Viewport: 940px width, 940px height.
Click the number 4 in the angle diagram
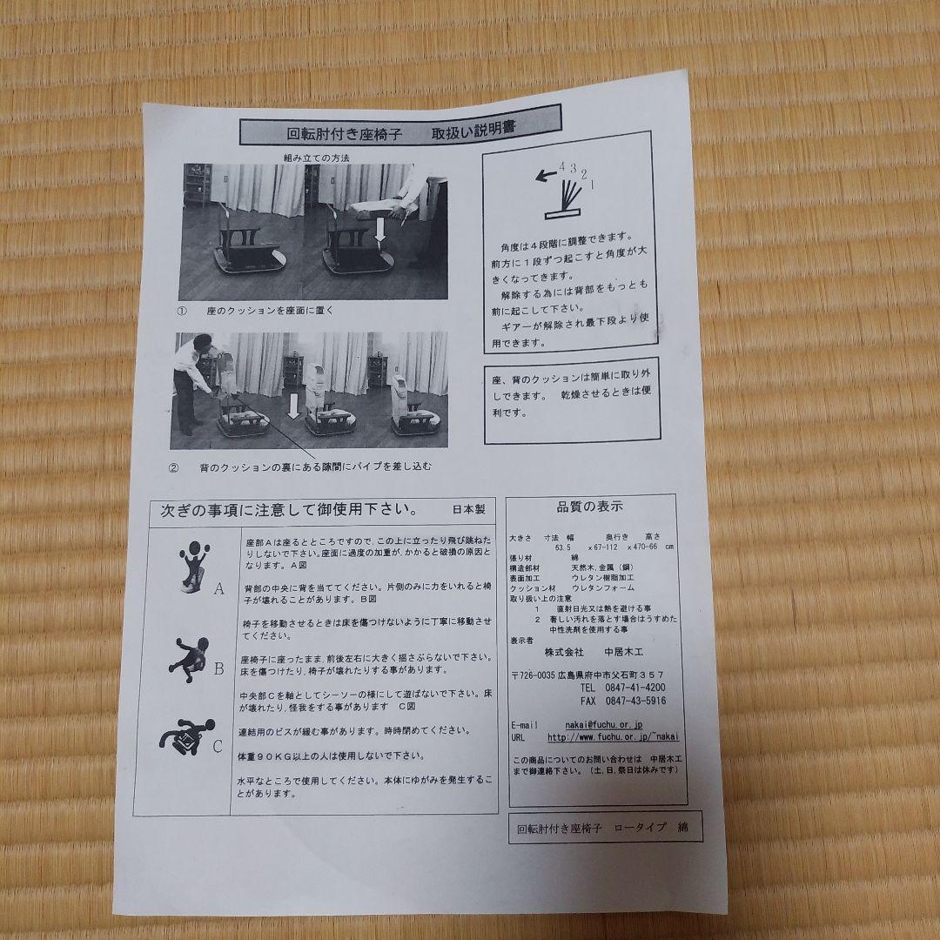563,165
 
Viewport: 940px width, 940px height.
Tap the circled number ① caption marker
183,310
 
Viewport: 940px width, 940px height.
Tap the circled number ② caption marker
173,467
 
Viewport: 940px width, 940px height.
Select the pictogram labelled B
190,656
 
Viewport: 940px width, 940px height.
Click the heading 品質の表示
590,506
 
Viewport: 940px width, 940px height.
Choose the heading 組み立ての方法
317,158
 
